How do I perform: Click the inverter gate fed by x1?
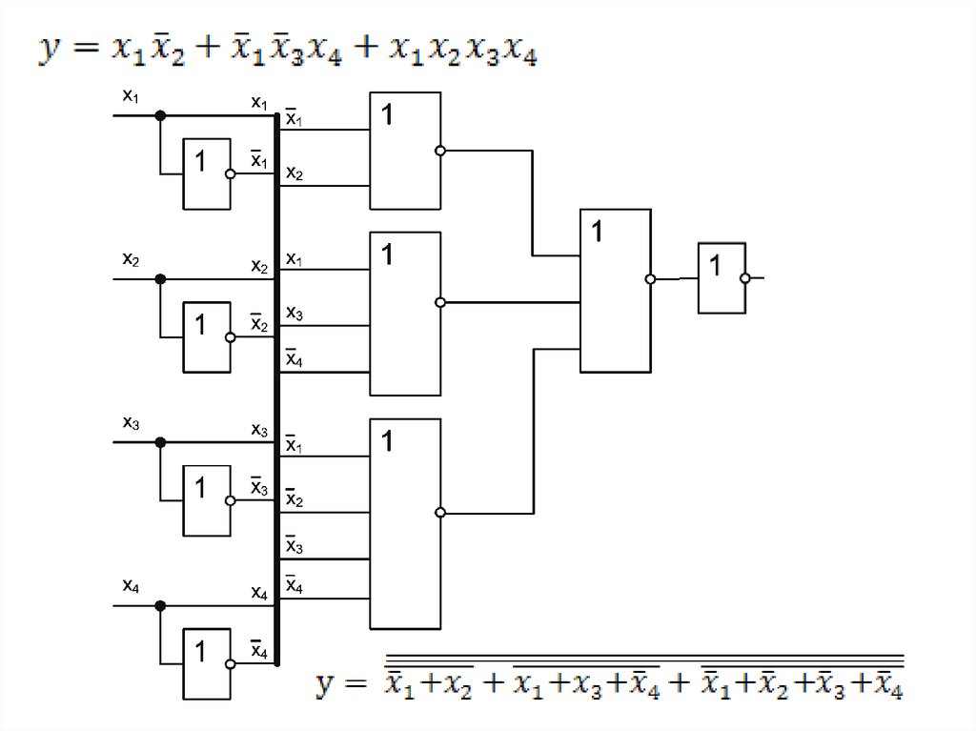pyautogui.click(x=207, y=173)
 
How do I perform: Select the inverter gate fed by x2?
pyautogui.click(x=207, y=336)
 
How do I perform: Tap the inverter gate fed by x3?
pyautogui.click(x=207, y=499)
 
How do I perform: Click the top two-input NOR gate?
pyautogui.click(x=405, y=151)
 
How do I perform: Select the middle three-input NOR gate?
pyautogui.click(x=405, y=314)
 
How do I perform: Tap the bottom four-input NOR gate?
pyautogui.click(x=405, y=524)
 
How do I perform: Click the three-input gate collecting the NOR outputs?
pyautogui.click(x=616, y=291)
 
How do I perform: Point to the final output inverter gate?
pyautogui.click(x=722, y=278)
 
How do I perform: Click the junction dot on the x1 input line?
pyautogui.click(x=160, y=115)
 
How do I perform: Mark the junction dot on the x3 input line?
pyautogui.click(x=160, y=442)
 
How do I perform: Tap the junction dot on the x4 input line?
pyautogui.click(x=160, y=605)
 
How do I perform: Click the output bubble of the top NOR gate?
pyautogui.click(x=439, y=151)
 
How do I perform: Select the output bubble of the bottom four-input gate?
pyautogui.click(x=439, y=513)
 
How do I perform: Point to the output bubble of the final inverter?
pyautogui.click(x=745, y=278)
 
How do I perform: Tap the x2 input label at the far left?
pyautogui.click(x=131, y=258)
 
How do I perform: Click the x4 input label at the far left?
pyautogui.click(x=131, y=585)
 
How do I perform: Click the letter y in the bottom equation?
pyautogui.click(x=329, y=684)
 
